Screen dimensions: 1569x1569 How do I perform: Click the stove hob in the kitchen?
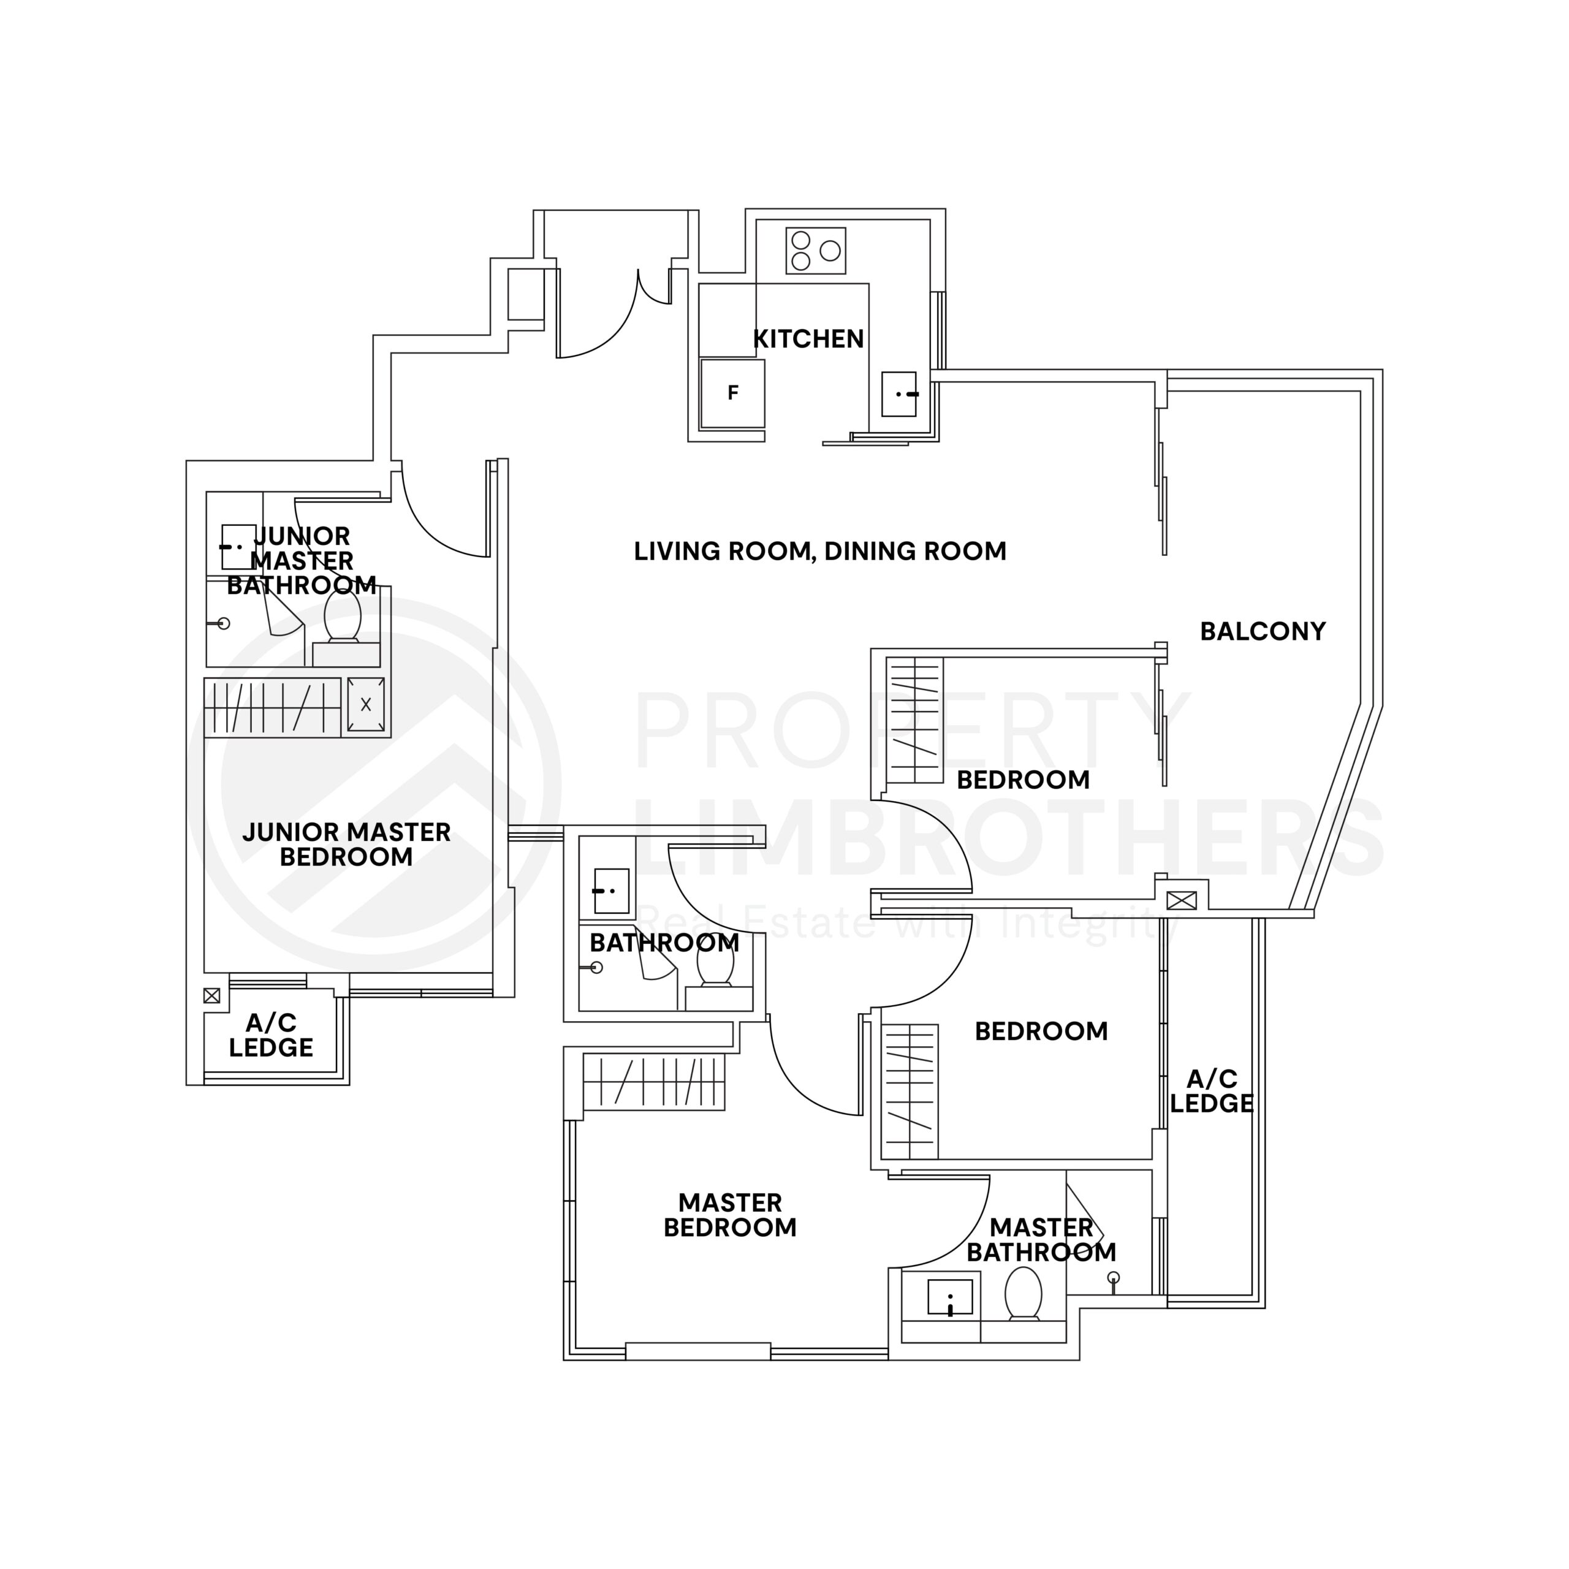click(x=815, y=250)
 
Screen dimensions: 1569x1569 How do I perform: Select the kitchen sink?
click(x=899, y=394)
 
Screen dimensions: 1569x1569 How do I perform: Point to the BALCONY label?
click(x=1262, y=631)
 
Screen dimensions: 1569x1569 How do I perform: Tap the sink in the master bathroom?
click(x=949, y=1297)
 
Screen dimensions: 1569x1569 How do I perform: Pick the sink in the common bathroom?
click(x=610, y=891)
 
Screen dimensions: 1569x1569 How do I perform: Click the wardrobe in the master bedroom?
click(x=654, y=1082)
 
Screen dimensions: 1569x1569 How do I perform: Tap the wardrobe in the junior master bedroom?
click(x=272, y=707)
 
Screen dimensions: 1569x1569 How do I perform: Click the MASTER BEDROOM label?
click(x=729, y=1215)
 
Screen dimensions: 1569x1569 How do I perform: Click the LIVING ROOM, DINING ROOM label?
click(x=819, y=552)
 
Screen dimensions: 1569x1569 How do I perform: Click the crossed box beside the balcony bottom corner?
click(x=1181, y=900)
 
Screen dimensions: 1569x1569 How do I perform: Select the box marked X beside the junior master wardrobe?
click(x=365, y=704)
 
